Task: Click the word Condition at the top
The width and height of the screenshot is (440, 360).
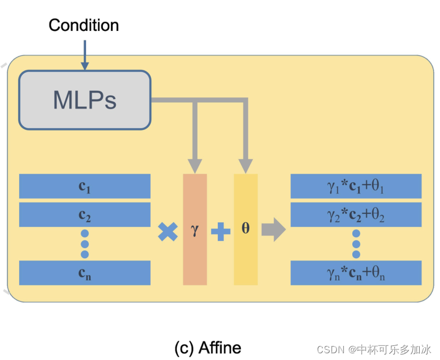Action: point(84,25)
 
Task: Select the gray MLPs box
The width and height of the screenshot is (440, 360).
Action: point(85,100)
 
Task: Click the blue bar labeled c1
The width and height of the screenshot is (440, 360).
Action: point(85,186)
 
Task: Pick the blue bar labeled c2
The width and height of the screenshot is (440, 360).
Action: point(85,214)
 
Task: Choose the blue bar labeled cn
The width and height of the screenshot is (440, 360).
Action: point(85,272)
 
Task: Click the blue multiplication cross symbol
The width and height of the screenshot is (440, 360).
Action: point(167,231)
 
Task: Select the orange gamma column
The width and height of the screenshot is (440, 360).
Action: point(195,229)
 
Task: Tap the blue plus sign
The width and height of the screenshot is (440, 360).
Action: point(220,231)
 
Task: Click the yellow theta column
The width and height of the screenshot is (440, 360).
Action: point(246,229)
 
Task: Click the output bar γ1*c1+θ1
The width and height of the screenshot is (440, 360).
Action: point(356,186)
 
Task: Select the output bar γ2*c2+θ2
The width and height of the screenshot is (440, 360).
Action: point(356,214)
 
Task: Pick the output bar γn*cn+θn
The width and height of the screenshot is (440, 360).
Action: point(356,272)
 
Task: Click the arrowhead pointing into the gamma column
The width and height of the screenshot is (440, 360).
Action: point(195,166)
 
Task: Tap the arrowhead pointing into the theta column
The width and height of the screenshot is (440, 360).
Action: point(246,166)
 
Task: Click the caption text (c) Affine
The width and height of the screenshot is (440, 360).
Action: point(208,348)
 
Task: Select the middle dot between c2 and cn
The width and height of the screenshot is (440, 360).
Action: point(85,244)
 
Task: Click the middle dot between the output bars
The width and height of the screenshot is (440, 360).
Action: point(356,244)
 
